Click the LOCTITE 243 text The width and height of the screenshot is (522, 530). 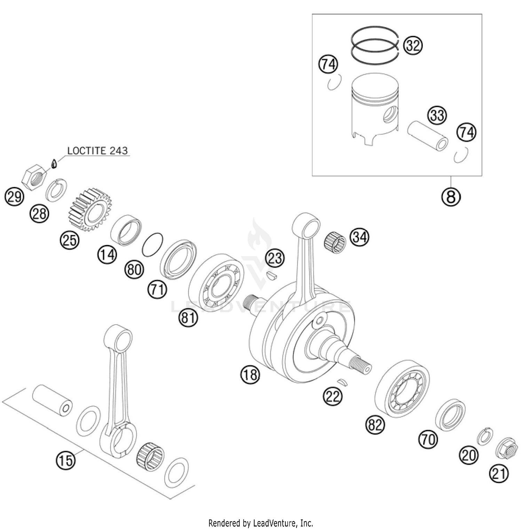pos(97,151)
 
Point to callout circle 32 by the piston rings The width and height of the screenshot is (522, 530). pos(413,46)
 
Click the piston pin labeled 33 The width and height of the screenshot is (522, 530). pos(427,135)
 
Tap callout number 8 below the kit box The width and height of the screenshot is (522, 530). pos(451,197)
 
